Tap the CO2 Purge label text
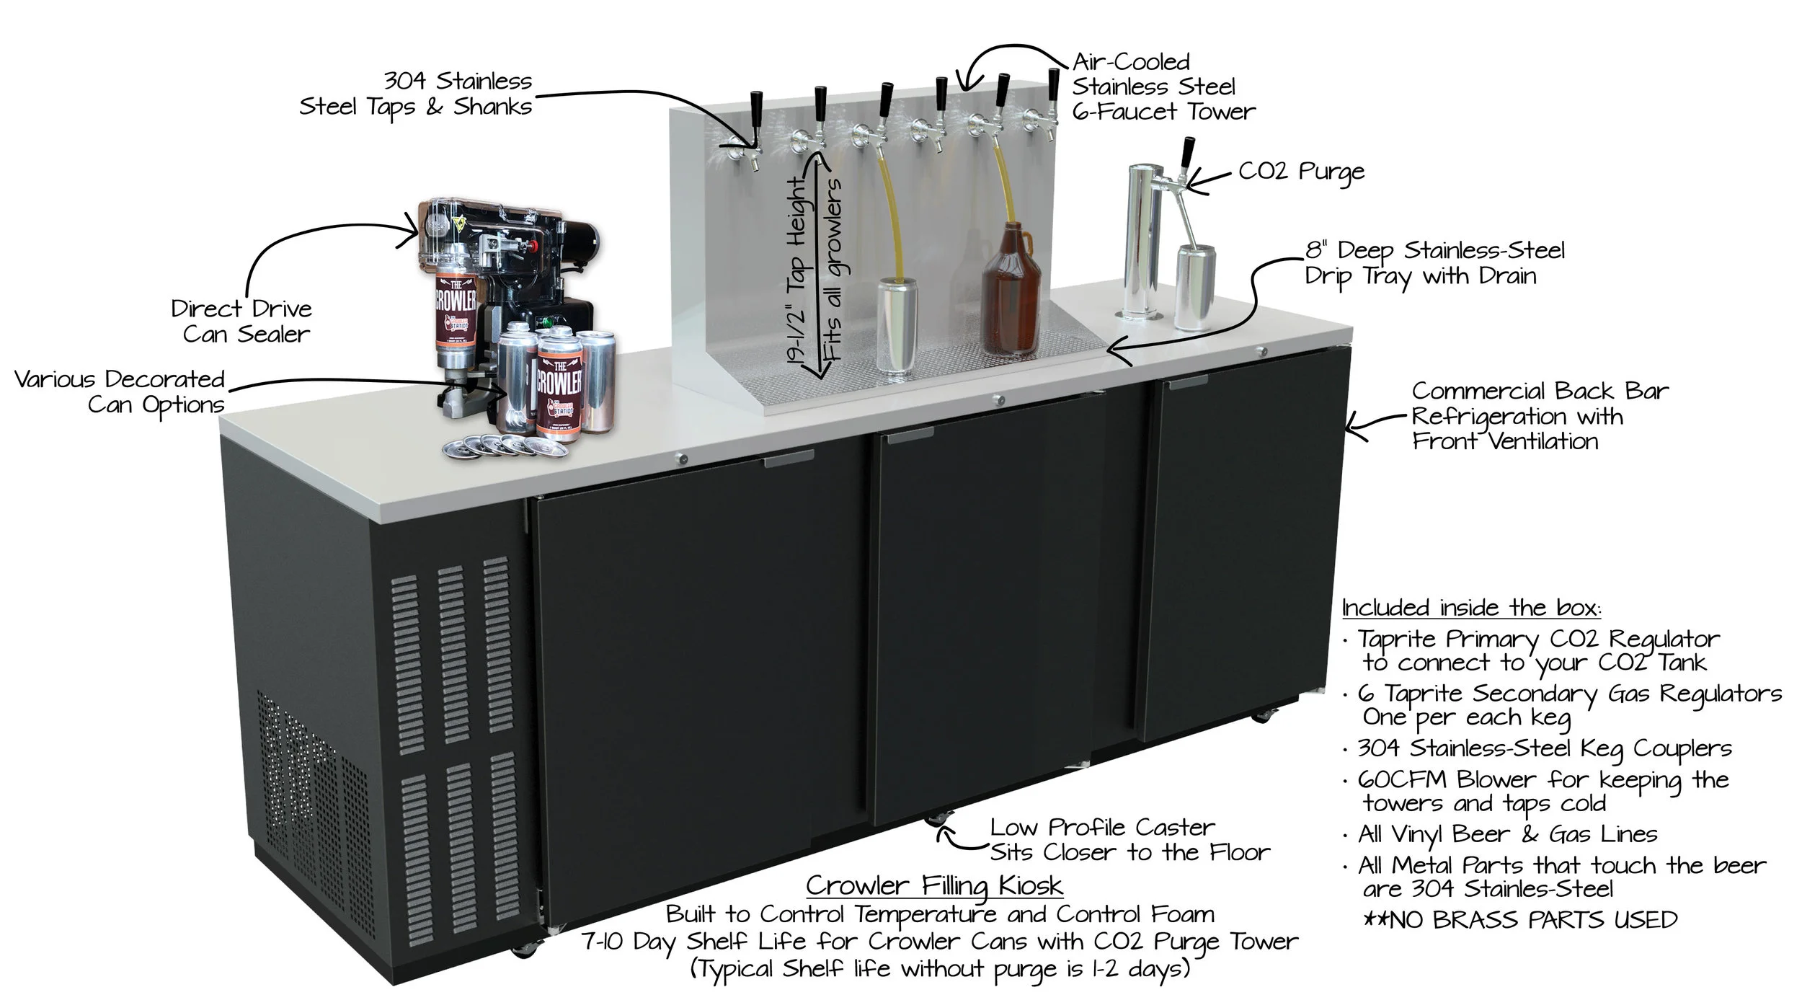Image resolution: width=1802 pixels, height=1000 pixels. point(1301,172)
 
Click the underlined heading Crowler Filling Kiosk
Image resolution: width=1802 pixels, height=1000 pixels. point(934,885)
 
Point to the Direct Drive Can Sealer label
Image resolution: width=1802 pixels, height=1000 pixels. point(241,321)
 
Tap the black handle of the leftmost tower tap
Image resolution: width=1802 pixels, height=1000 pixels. point(757,108)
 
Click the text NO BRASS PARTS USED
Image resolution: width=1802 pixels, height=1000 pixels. point(1521,920)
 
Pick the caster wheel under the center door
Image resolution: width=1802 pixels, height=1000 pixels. point(938,819)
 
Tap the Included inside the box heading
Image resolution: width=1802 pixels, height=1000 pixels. point(1470,608)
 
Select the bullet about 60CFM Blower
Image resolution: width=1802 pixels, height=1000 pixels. point(1543,791)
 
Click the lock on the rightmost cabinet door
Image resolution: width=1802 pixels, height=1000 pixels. point(1261,351)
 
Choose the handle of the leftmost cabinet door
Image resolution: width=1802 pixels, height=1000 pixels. point(789,459)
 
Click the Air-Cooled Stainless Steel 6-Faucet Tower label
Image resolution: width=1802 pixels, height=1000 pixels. point(1162,87)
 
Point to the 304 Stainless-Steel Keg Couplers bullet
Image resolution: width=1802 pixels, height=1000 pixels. point(1543,749)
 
